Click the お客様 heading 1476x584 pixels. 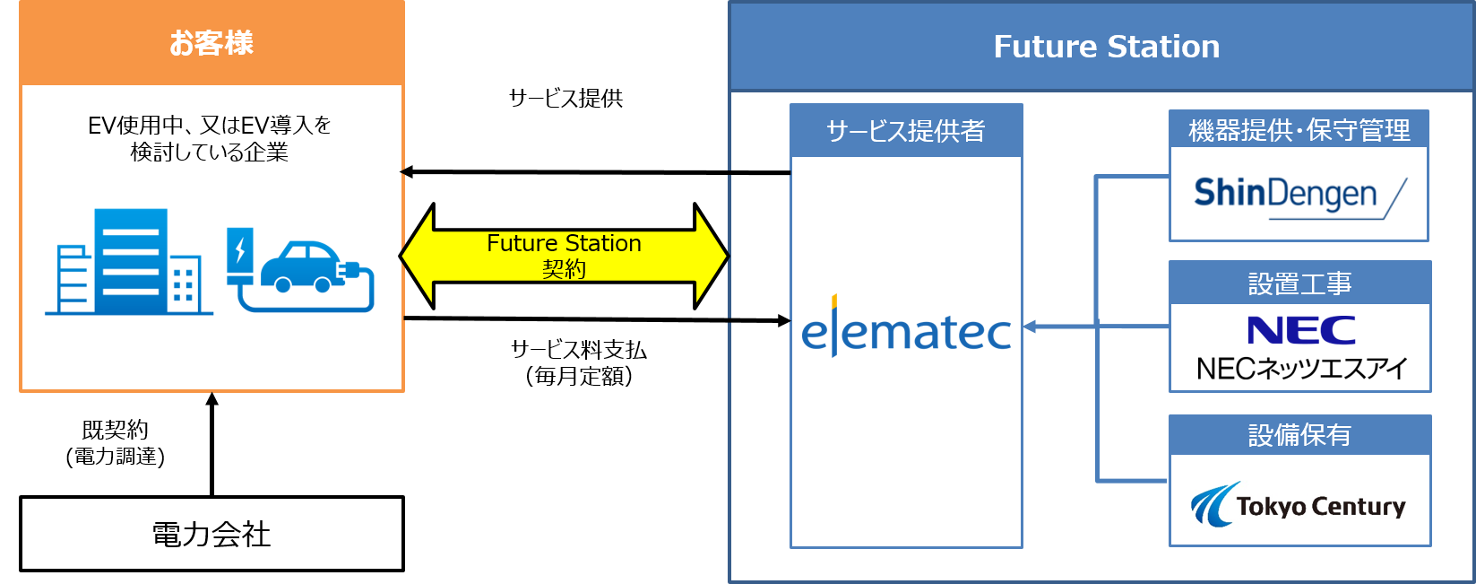coord(211,43)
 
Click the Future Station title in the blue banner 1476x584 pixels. coord(1106,47)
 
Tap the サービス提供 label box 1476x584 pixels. coord(565,98)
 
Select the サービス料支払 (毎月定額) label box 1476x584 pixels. coord(578,362)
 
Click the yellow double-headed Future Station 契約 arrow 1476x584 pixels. coord(564,256)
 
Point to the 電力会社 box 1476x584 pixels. coord(211,534)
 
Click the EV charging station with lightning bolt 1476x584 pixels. coord(239,255)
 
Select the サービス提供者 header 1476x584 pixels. coord(905,131)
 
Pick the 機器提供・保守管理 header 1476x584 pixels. coord(1299,130)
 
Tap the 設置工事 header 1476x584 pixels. coord(1299,283)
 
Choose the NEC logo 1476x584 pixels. coord(1300,331)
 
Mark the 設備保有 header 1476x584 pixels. coord(1299,435)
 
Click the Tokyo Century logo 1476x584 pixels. coord(1299,505)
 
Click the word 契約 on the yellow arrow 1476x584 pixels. coord(564,269)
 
